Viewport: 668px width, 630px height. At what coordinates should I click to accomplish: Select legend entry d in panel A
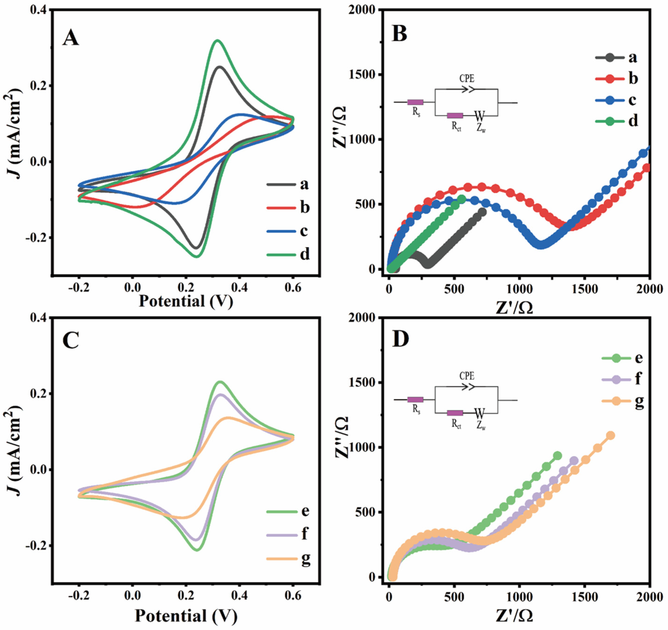click(x=304, y=254)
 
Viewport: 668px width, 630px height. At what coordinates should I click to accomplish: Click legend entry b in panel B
click(x=633, y=79)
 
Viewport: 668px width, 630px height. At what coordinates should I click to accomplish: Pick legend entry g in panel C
click(x=305, y=559)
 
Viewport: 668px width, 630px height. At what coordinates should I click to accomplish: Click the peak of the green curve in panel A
click(x=217, y=41)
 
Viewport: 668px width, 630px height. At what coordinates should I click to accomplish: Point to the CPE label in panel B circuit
click(x=467, y=79)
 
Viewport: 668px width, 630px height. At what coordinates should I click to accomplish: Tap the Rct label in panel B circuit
click(x=456, y=127)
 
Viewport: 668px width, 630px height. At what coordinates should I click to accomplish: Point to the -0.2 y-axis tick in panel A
click(x=36, y=238)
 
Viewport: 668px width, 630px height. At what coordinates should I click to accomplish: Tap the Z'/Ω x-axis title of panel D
click(x=514, y=615)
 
